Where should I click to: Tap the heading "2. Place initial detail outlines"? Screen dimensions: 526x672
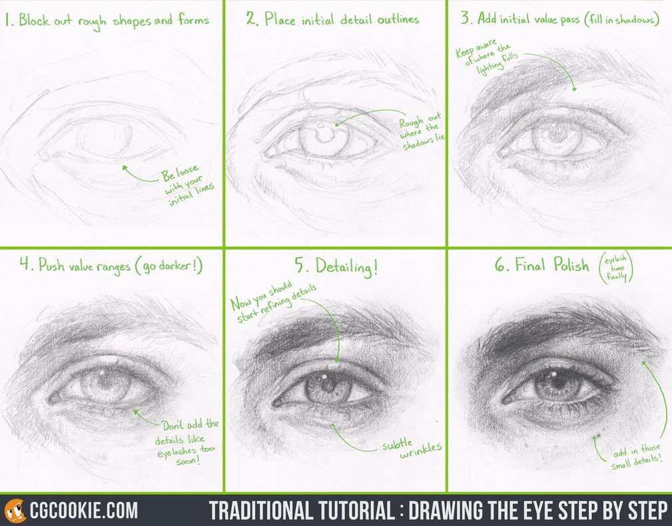click(332, 19)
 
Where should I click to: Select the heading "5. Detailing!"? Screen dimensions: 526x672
click(336, 267)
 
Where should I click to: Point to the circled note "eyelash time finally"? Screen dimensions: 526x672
click(617, 266)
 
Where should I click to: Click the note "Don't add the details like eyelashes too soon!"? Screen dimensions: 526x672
click(186, 442)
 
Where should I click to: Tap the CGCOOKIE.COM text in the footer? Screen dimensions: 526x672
click(84, 511)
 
